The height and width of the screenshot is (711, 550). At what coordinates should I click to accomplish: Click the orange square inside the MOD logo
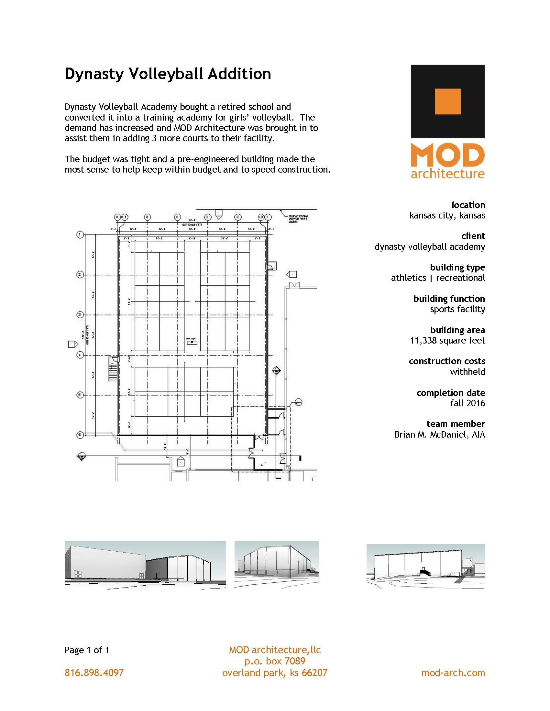coord(447,101)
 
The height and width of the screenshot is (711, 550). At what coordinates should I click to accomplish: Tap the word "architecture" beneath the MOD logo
coord(447,173)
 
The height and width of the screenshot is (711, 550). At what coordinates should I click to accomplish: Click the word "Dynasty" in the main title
coord(94,74)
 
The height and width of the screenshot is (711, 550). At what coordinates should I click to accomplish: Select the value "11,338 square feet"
coord(447,341)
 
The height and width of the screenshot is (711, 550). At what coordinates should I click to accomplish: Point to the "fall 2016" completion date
coord(467,403)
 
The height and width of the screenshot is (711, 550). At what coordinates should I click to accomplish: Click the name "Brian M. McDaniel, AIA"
coord(439,434)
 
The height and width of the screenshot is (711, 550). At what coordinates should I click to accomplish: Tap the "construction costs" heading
coord(447,361)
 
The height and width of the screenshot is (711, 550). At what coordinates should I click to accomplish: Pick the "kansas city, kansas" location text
coord(447,215)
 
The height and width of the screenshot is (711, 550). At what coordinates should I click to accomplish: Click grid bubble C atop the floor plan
coord(177,217)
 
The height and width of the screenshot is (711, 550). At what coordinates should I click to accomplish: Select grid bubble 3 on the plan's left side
coord(80,314)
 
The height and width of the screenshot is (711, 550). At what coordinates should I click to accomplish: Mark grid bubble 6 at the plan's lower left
coord(80,435)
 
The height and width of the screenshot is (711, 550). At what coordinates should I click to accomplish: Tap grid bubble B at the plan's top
coord(147,217)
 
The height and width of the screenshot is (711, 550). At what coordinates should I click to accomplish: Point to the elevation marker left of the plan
coord(73,344)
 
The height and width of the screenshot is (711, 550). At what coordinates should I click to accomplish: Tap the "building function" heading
coord(449,299)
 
